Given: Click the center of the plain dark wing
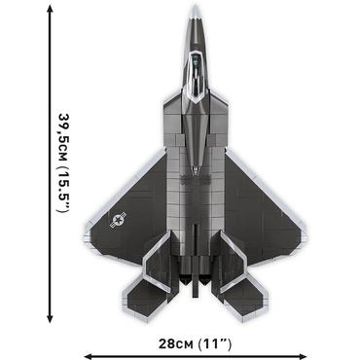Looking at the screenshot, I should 258,209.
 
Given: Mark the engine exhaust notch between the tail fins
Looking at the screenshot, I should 197,282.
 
